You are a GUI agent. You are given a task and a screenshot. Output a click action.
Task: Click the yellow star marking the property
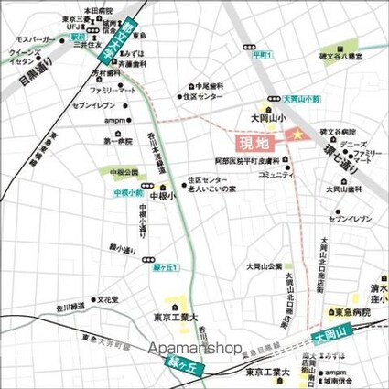(x=296, y=135)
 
